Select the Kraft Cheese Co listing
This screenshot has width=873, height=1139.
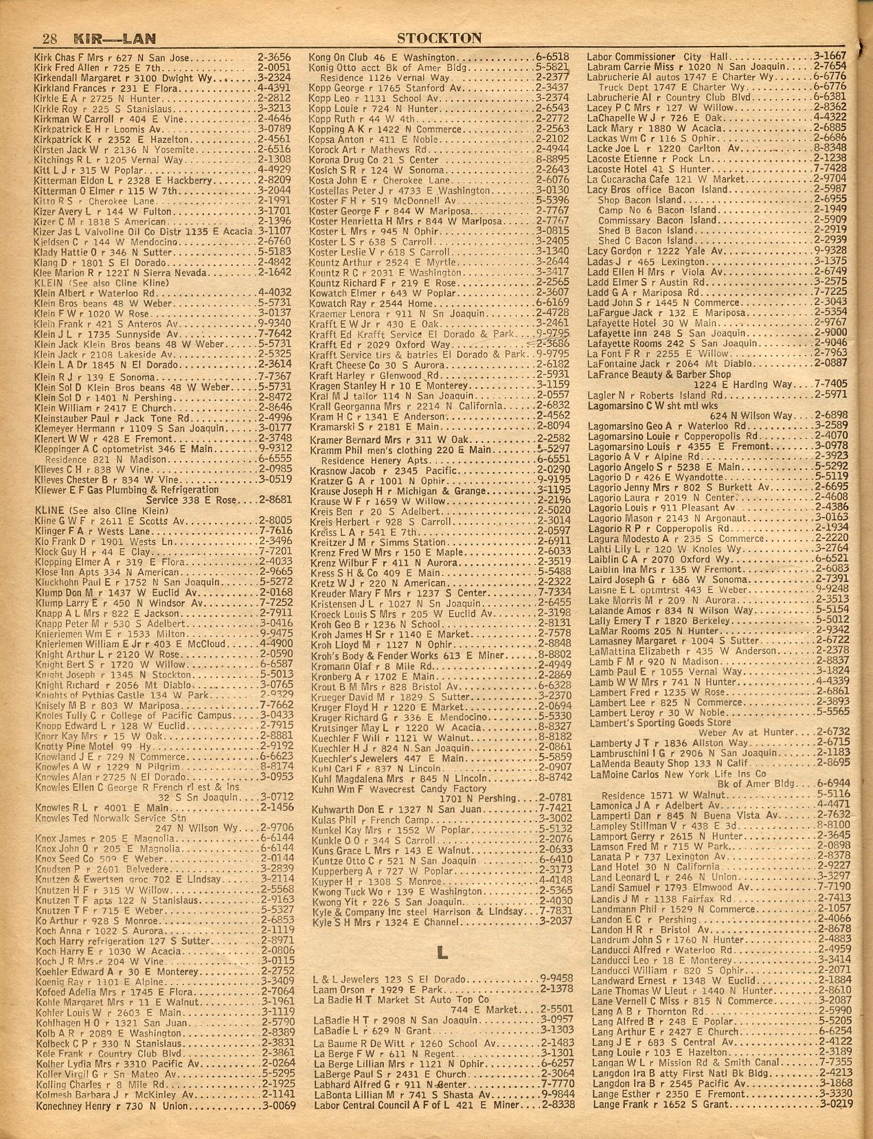point(349,364)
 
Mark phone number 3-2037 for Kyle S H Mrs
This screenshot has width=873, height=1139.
point(554,921)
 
